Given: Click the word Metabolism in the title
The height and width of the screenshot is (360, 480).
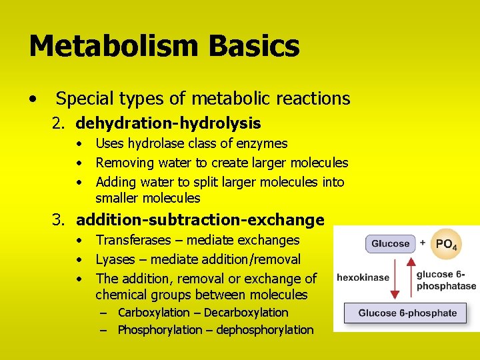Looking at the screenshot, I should click(115, 47).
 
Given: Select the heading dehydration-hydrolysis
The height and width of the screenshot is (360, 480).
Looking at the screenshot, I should click(168, 123).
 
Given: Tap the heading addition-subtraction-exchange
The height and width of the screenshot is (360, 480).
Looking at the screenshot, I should click(200, 220).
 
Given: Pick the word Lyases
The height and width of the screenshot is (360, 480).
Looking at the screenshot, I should click(115, 259).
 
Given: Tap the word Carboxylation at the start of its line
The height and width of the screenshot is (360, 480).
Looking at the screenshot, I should click(153, 313).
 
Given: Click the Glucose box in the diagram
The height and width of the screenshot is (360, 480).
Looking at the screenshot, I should click(390, 244).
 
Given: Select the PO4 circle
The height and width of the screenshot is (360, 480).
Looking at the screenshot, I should click(445, 245).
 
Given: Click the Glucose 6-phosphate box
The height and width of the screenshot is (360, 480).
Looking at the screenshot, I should click(407, 313).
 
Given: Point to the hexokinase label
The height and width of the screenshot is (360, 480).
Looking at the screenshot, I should click(363, 277).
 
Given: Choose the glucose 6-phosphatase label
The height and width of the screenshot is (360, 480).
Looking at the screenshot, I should click(446, 280).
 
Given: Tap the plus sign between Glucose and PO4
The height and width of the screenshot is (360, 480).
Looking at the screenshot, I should click(423, 243).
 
